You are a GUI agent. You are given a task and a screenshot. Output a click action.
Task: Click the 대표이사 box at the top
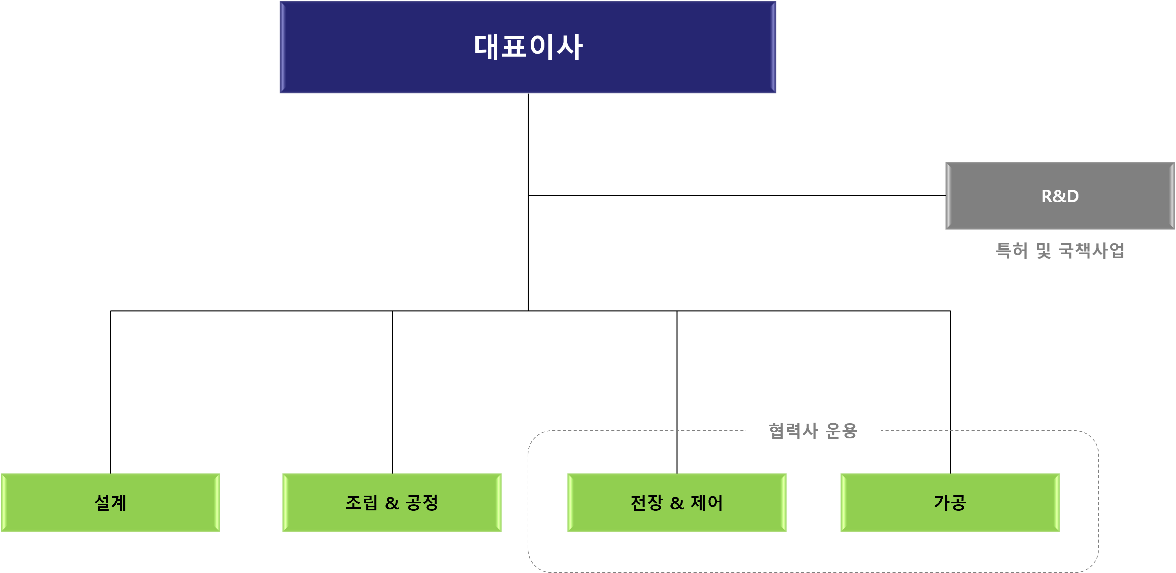tap(528, 47)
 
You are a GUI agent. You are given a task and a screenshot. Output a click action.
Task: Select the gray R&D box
tap(1060, 196)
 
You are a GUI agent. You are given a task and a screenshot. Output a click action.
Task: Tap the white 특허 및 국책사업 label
tap(1060, 250)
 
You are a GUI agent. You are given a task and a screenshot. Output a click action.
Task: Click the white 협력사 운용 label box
tap(813, 431)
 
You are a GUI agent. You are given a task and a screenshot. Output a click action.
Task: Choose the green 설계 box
tap(111, 502)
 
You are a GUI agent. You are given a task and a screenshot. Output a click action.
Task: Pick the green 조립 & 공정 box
tap(392, 502)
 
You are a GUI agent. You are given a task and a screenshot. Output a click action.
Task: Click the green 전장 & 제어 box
tap(677, 502)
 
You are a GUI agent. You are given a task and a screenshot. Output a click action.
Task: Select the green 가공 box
tap(950, 502)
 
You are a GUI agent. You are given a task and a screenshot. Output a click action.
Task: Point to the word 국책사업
tap(1092, 250)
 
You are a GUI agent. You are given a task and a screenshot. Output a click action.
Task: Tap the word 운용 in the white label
tap(841, 431)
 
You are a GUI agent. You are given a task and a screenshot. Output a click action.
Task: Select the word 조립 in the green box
tap(362, 502)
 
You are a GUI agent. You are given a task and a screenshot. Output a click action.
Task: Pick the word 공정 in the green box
tap(422, 502)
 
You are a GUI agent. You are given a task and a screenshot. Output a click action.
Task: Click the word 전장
tap(646, 502)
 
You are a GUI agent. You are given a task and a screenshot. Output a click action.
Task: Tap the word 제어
tap(707, 502)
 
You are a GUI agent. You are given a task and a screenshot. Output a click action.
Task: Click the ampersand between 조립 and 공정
tap(392, 503)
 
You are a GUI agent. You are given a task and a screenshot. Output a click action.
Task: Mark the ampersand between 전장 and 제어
tap(677, 503)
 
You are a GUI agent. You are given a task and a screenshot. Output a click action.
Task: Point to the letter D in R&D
tap(1072, 196)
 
